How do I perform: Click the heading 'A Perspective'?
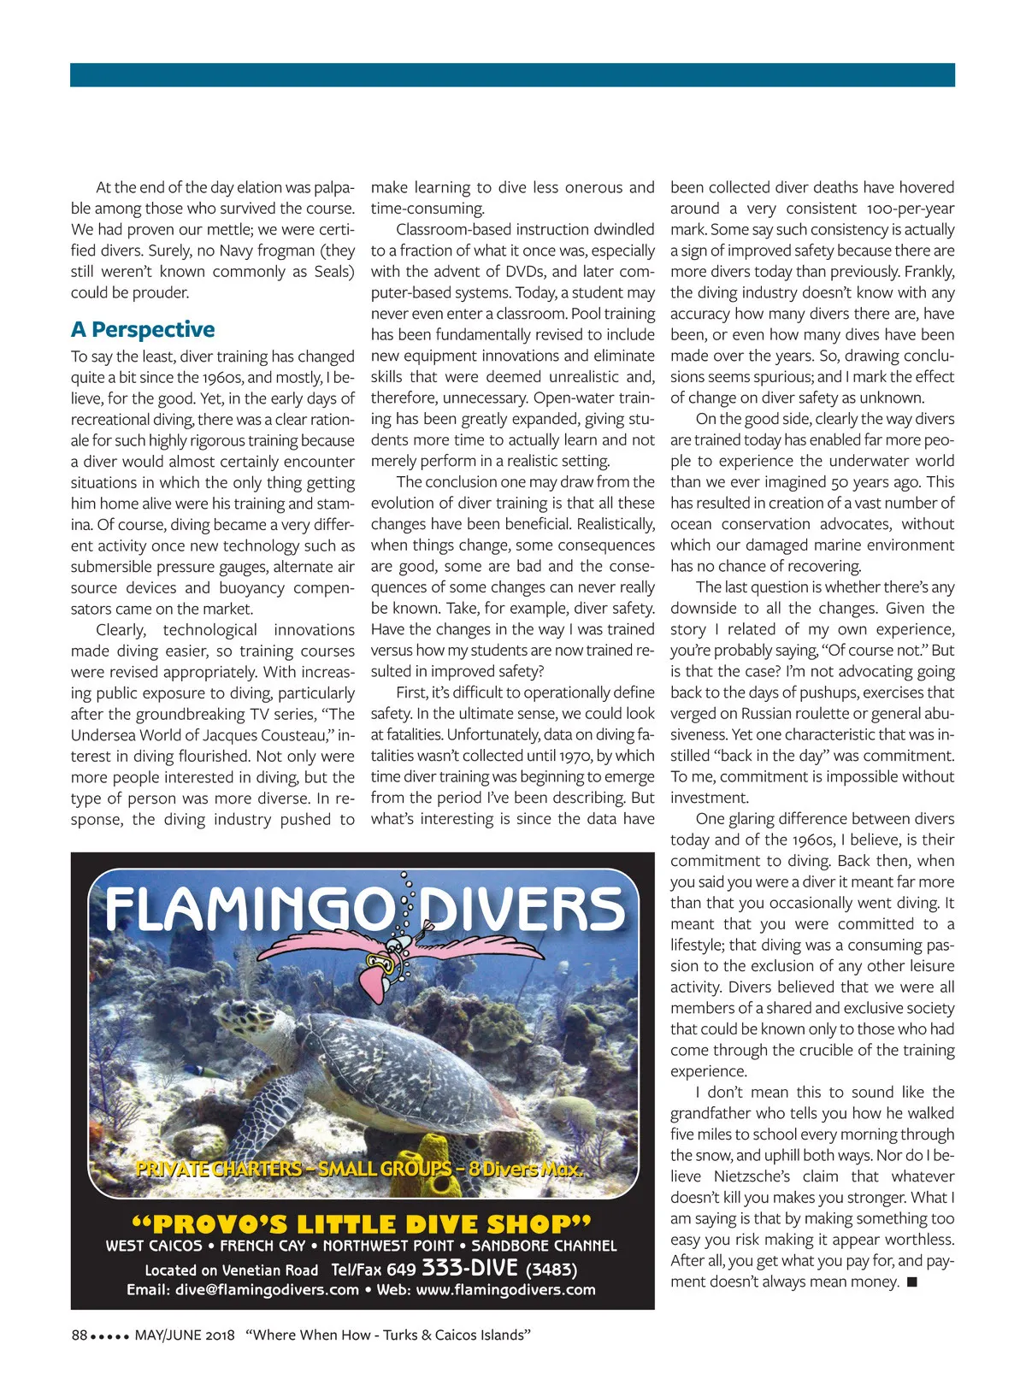tap(143, 330)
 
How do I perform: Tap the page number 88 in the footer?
tap(80, 1335)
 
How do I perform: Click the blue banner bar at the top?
tap(512, 74)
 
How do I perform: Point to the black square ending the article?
tap(912, 1282)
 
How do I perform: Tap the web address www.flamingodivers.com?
tap(505, 1290)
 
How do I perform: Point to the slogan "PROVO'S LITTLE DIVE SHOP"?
tap(361, 1224)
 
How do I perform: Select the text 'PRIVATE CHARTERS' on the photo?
tap(219, 1170)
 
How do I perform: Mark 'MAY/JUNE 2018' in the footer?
tap(185, 1335)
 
